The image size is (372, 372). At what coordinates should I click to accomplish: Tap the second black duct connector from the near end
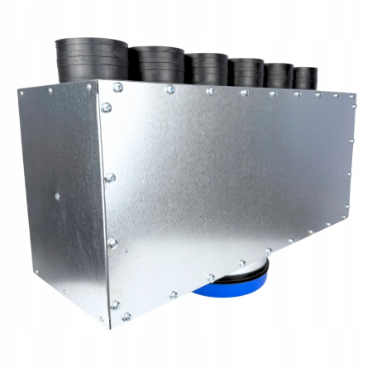click(157, 64)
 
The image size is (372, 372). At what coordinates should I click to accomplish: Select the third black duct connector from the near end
click(206, 69)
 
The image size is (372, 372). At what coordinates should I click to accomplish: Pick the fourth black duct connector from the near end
click(246, 73)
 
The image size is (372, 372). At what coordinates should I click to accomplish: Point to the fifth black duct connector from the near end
click(278, 76)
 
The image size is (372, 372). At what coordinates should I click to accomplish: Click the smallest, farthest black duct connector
click(304, 79)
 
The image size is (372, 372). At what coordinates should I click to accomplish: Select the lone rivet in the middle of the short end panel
click(56, 197)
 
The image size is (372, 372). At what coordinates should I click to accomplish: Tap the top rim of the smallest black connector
click(304, 69)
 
